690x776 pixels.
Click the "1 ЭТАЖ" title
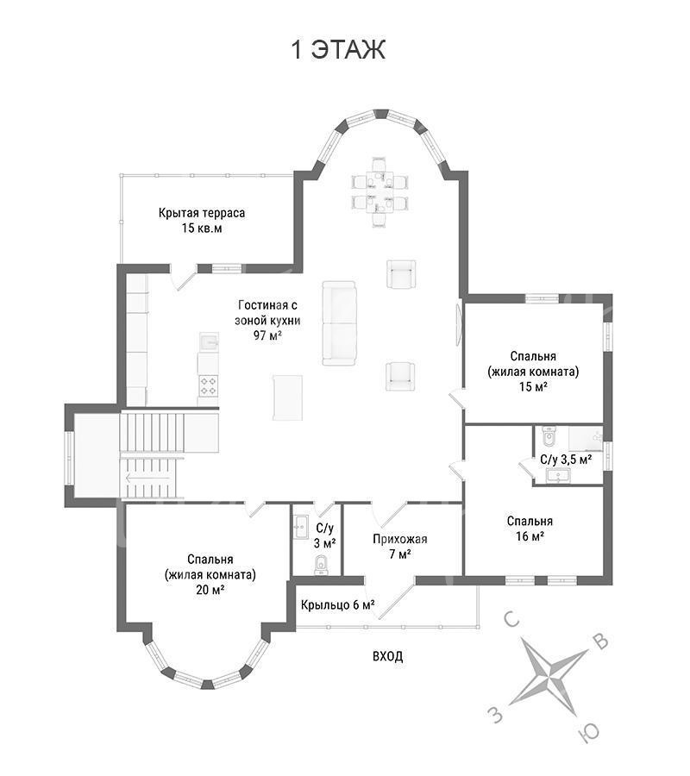[x=339, y=49]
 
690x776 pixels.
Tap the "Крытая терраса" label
[x=202, y=213]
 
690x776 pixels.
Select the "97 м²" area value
[x=267, y=335]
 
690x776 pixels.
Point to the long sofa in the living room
[x=339, y=323]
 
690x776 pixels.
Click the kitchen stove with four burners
[x=208, y=385]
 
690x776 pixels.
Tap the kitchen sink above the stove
[x=210, y=341]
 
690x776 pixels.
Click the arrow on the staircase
[x=148, y=478]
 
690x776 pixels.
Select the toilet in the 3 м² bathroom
[x=321, y=565]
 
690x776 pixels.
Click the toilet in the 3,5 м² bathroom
[x=549, y=435]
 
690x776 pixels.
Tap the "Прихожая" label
[x=400, y=538]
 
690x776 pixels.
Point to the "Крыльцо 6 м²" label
[x=337, y=604]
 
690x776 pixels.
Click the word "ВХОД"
[x=387, y=656]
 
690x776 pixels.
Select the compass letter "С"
[x=511, y=618]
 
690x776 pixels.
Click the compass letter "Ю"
[x=588, y=732]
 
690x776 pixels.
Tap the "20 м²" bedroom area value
[x=210, y=590]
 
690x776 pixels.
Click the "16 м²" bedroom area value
[x=530, y=536]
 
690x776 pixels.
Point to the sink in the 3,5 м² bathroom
[x=558, y=475]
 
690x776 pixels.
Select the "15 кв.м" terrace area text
[x=202, y=228]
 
